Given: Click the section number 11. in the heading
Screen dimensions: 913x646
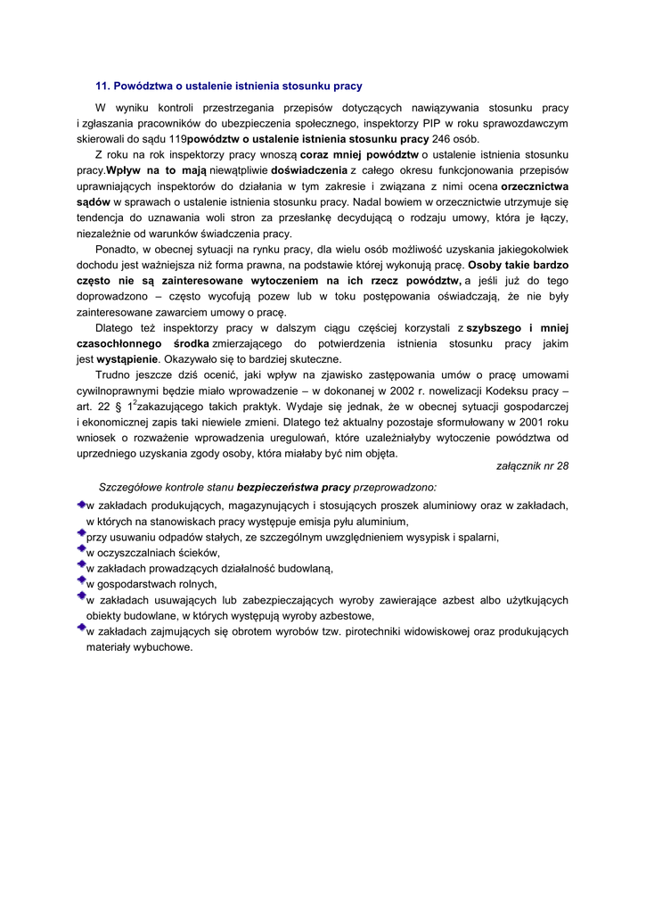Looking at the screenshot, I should tap(102, 86).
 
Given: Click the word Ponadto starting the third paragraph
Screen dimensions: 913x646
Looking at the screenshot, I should tap(116, 250).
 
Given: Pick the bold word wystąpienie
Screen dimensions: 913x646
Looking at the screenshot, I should tap(127, 359).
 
